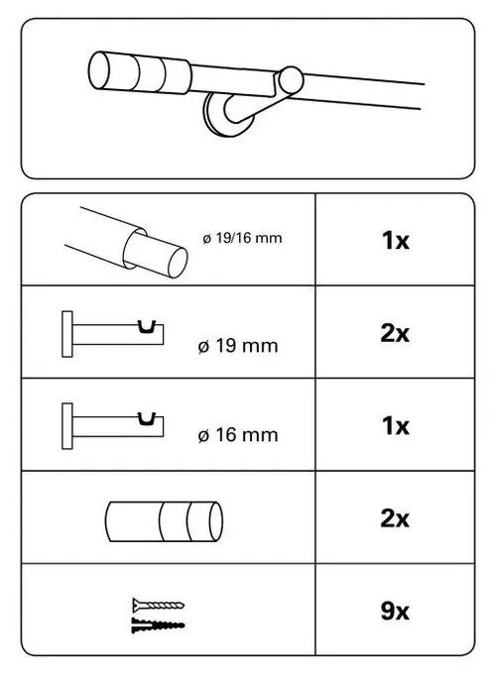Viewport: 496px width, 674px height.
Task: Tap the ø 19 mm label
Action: (237, 346)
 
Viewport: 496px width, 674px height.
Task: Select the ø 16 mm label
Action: (237, 433)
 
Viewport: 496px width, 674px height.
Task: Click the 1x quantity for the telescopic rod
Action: (395, 241)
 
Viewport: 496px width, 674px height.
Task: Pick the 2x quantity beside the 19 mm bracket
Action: (395, 334)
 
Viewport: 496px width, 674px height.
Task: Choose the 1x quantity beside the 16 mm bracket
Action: (395, 425)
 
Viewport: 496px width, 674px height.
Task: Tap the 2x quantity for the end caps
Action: (395, 517)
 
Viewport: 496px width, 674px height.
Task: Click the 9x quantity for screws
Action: (395, 611)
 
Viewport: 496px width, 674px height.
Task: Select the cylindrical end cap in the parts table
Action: (163, 518)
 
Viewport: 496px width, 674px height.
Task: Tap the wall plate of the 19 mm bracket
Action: (67, 332)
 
